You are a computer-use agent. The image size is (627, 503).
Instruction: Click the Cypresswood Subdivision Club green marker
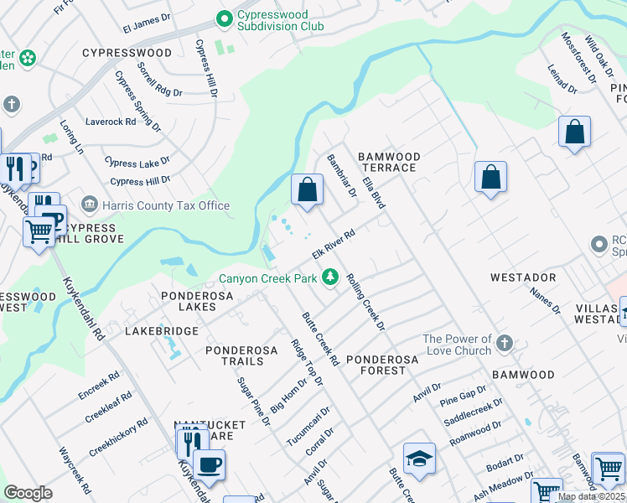coord(224,18)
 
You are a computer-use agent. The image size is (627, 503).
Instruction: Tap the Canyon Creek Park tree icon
coord(331,277)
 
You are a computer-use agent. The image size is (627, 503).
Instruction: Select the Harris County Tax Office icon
coord(89,205)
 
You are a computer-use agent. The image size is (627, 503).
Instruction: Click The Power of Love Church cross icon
coord(504,344)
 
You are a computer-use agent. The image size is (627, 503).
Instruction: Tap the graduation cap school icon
coord(419,459)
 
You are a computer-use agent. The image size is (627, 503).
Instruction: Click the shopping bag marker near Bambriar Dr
coord(308,189)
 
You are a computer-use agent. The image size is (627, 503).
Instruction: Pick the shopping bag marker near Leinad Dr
coord(574,132)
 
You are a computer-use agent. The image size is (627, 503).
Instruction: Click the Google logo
coord(28,493)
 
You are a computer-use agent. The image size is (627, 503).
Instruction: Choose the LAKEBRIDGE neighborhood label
coord(161,331)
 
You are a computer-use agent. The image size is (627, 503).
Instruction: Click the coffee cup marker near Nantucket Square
coord(209,464)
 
